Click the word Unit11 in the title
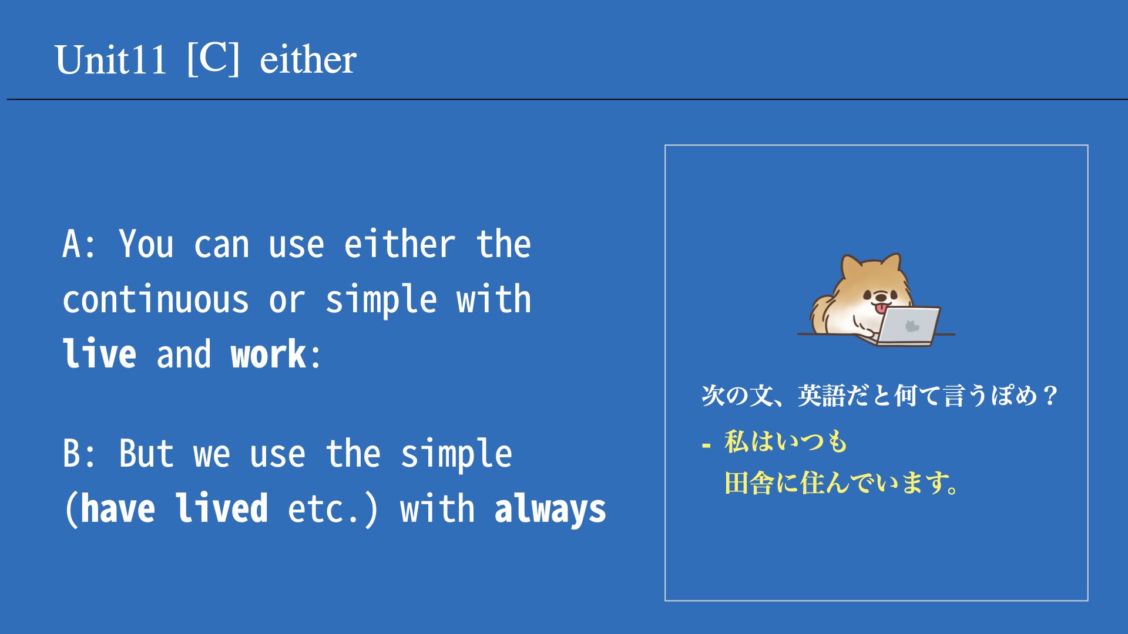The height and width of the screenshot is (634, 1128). (110, 60)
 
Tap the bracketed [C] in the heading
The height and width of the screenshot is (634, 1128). (213, 59)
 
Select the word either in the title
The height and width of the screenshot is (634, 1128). (308, 60)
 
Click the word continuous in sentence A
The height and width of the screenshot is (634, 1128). (156, 299)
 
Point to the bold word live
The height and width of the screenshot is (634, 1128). (100, 353)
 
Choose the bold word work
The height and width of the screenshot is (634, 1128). (268, 355)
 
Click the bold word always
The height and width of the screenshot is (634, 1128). (550, 509)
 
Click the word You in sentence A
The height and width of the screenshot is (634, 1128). (146, 244)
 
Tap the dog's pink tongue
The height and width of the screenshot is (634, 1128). (881, 308)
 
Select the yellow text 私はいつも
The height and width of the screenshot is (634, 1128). (785, 441)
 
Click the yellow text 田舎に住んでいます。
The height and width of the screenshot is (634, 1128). (842, 483)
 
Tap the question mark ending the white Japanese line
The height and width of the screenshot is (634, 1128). (1050, 396)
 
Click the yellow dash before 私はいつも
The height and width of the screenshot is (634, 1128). (706, 446)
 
